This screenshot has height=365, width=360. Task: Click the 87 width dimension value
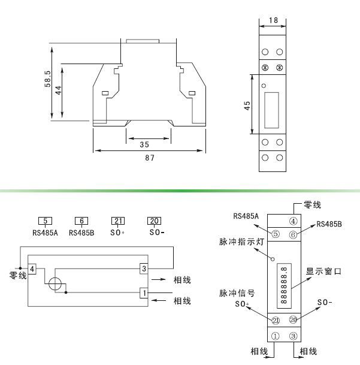150,158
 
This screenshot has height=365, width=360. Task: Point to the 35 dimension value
144,144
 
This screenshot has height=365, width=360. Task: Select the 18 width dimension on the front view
273,20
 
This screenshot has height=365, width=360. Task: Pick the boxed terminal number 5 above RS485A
46,221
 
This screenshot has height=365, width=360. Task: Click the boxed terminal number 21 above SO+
119,221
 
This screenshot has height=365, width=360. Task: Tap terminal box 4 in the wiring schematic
33,267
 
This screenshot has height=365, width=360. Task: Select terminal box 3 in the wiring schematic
143,268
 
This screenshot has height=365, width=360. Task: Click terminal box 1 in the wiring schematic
143,292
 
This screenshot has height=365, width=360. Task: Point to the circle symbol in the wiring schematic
55,285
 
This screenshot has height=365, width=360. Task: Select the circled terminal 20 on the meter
294,320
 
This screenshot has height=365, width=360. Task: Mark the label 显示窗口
323,272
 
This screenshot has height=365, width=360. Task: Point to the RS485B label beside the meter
329,224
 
